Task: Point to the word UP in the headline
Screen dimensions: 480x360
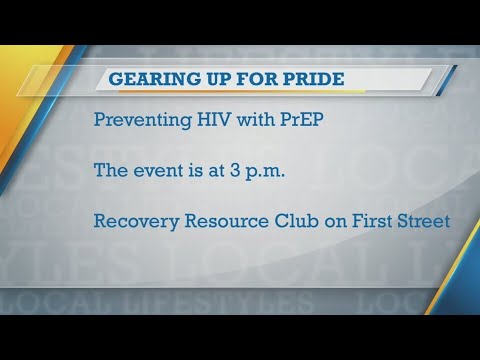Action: (215, 79)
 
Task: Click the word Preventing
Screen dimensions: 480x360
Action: (143, 120)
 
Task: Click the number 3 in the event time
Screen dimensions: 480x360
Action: (234, 170)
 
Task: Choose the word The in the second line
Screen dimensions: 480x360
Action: (111, 170)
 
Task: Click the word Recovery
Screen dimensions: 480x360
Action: (136, 222)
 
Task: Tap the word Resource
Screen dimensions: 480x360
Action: (226, 221)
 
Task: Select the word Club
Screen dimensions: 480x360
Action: (296, 221)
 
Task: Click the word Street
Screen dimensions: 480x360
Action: (424, 221)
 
